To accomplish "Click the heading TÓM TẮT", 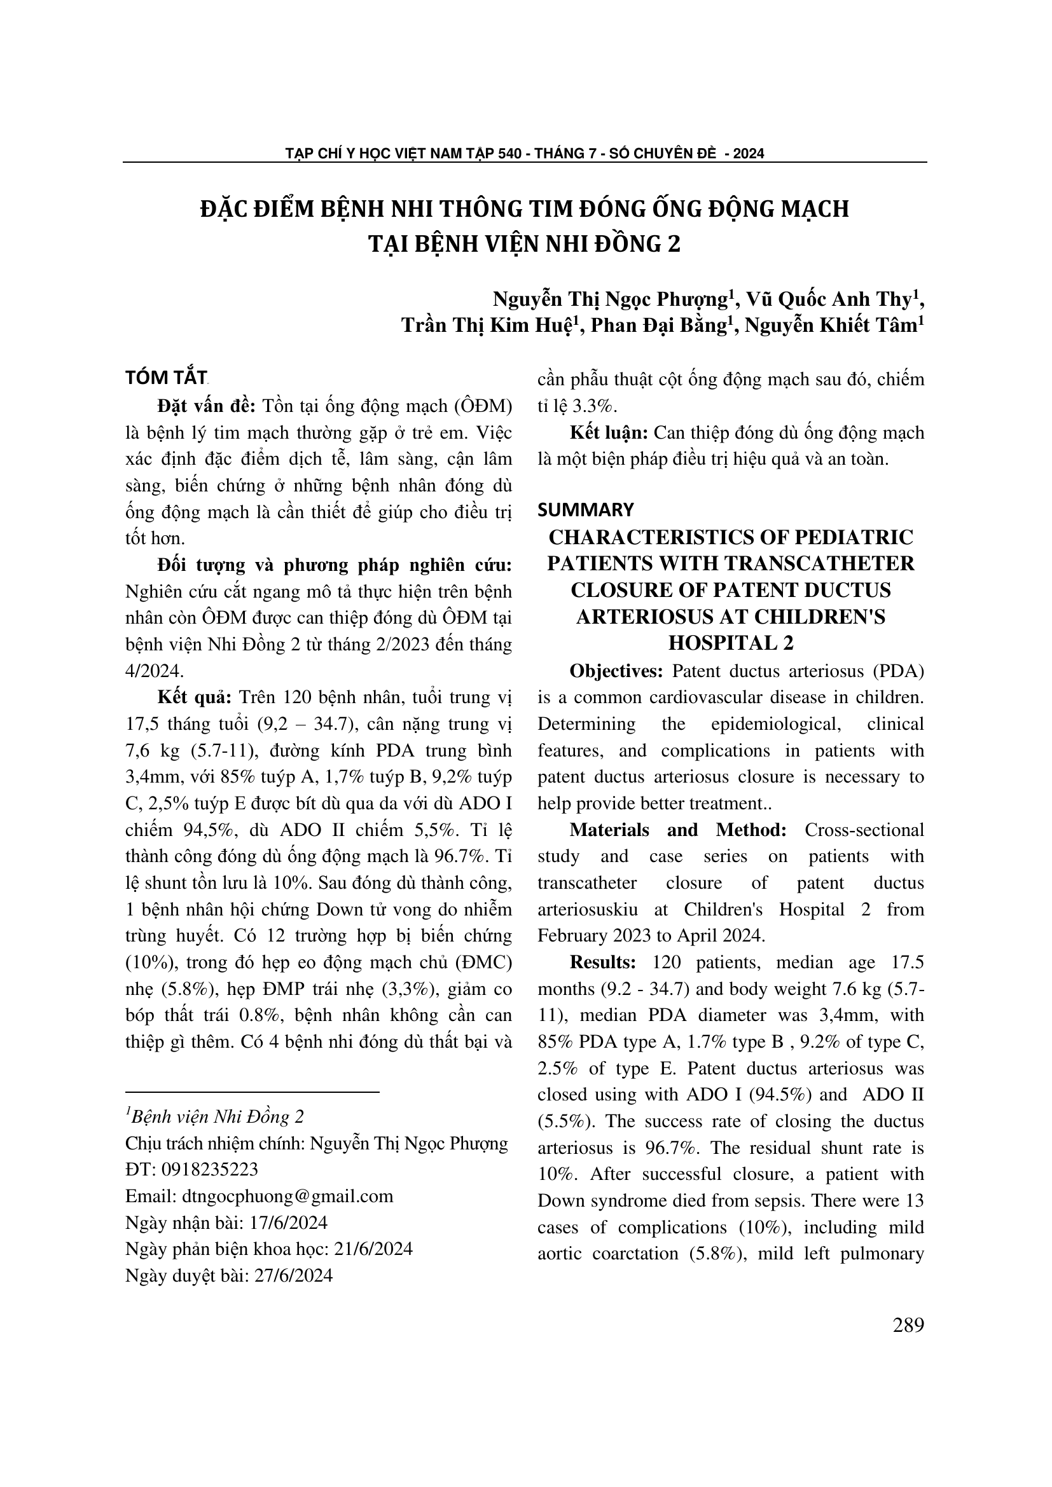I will pyautogui.click(x=167, y=378).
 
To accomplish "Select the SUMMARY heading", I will pyautogui.click(x=586, y=511).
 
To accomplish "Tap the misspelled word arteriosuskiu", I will pyautogui.click(x=588, y=909).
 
